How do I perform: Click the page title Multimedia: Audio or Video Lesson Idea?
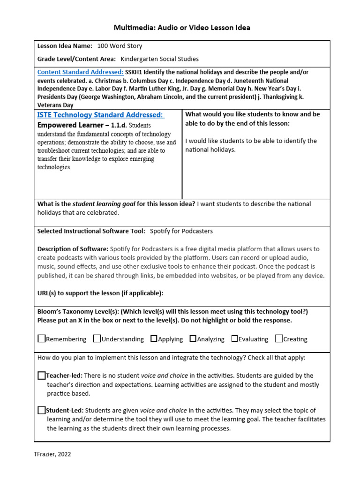182,28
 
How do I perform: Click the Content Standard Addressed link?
80,72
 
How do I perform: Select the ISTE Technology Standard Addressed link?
100,115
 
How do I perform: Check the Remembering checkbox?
42,338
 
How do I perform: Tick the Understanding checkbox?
97,338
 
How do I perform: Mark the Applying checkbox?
154,338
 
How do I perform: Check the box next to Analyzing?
193,338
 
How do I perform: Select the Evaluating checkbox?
234,338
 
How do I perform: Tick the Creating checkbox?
279,338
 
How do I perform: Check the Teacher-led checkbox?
42,375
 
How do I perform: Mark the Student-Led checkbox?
42,410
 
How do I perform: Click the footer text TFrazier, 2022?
53,454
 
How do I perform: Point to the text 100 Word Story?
120,46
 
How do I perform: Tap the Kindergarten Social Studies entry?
159,59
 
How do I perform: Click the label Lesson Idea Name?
65,46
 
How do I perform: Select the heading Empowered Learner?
70,125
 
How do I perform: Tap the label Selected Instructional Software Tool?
91,231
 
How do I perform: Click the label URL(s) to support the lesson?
100,293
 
